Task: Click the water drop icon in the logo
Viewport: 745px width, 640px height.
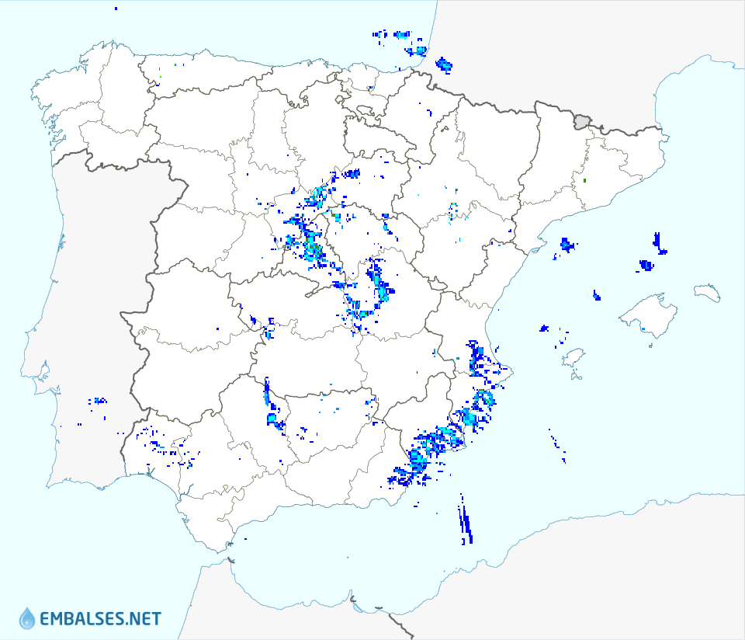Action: (27, 618)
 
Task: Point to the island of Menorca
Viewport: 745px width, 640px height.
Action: (708, 292)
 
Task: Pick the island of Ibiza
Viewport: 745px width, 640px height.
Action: (572, 357)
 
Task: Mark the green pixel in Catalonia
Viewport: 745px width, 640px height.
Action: (584, 181)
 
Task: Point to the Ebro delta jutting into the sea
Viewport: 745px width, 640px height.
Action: (535, 250)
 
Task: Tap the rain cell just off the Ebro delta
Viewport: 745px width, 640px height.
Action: (567, 245)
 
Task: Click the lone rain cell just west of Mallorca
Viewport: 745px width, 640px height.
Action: (596, 295)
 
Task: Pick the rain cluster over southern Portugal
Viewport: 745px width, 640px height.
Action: (98, 402)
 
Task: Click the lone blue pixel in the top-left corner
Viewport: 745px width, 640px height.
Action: (115, 8)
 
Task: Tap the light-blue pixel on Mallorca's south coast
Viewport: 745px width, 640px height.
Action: (643, 330)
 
